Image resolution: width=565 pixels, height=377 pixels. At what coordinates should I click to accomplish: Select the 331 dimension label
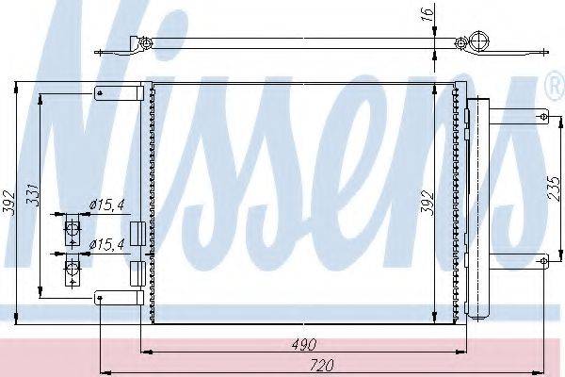[33, 195]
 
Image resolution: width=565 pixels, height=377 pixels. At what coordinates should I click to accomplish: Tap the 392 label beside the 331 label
[8, 203]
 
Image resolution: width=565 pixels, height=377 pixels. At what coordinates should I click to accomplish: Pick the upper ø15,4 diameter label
[106, 205]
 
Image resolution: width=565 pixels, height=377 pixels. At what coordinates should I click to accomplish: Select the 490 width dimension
[304, 345]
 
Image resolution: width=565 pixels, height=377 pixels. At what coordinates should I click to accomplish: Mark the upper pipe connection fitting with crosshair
[72, 228]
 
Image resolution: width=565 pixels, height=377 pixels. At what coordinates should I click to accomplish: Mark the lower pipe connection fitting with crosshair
[72, 270]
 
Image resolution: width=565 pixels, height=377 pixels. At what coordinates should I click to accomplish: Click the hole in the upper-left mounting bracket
[100, 93]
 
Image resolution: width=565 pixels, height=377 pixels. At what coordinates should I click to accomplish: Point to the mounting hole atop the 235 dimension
[543, 117]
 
